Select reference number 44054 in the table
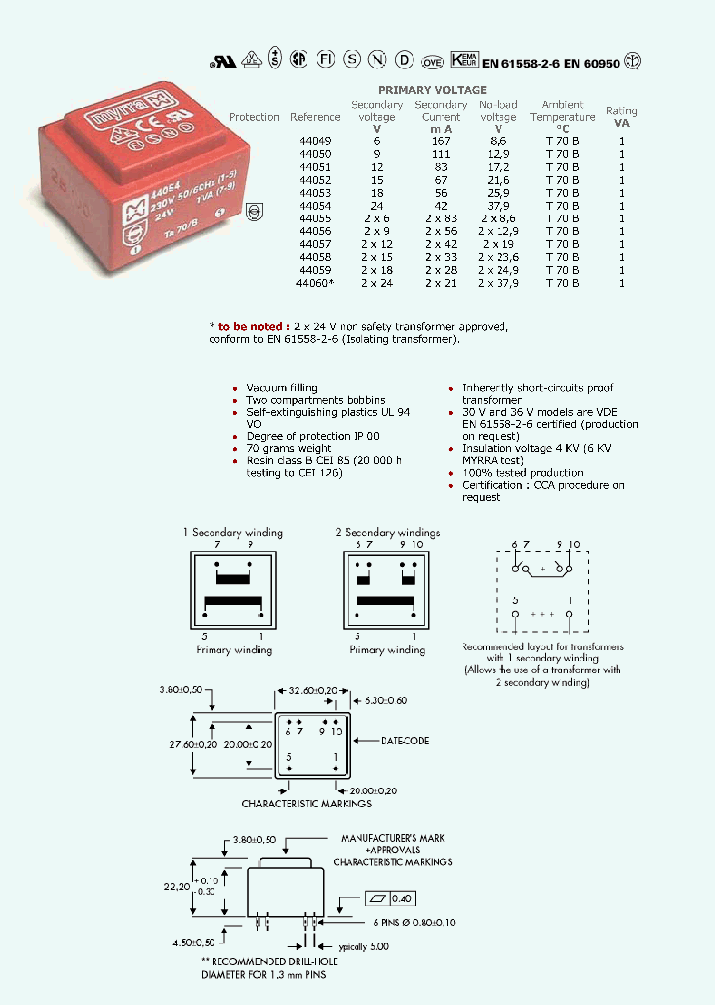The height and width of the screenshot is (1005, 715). coord(315,206)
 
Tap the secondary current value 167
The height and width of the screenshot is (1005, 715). coord(440,141)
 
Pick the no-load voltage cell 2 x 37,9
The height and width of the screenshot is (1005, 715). coord(498,283)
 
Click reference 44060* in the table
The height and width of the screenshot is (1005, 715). coord(315,283)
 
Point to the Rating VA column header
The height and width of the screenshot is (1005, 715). coord(622,117)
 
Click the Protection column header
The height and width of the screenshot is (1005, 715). coord(254,117)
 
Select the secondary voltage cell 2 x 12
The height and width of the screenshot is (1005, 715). coord(377,244)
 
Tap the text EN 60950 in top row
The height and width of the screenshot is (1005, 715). coord(592,63)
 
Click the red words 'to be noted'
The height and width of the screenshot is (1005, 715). coord(253,327)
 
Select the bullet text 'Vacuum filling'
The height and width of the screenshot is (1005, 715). coord(282,388)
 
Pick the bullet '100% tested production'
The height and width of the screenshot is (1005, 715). coord(522,473)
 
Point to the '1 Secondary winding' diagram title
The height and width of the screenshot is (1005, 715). coord(232,532)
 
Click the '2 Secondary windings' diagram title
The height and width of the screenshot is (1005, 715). coord(386,532)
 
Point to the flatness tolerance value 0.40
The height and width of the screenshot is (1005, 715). coord(402,898)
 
